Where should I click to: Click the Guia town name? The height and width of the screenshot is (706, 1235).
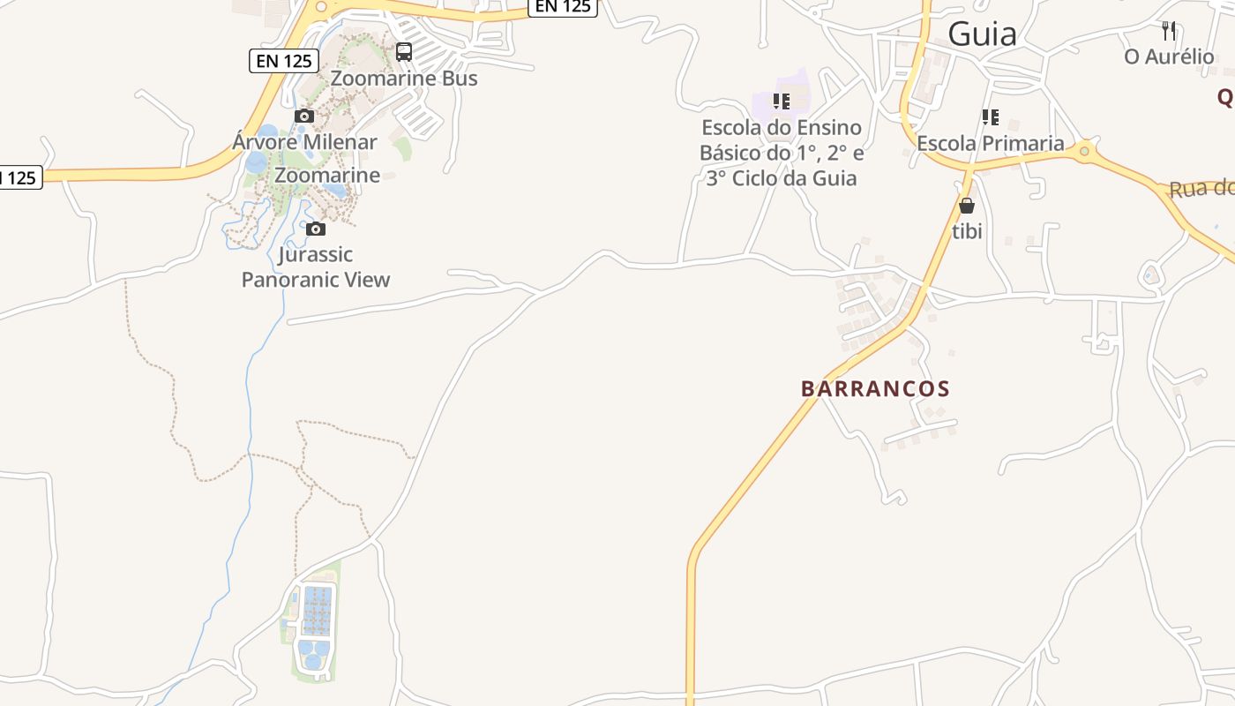click(982, 34)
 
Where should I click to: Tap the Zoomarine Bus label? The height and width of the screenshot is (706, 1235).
click(404, 78)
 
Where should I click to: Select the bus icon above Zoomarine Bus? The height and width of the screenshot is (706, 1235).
click(404, 52)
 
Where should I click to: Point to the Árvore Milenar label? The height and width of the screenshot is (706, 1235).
click(305, 141)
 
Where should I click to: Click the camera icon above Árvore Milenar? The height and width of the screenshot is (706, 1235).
click(304, 116)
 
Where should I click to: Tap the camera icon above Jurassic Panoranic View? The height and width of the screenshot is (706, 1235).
click(316, 229)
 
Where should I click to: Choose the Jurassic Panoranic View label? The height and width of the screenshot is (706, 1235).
click(316, 267)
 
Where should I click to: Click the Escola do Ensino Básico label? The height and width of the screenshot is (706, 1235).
click(782, 153)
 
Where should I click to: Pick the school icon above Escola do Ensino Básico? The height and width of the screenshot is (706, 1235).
click(782, 101)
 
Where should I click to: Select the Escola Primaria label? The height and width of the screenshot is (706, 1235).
click(991, 143)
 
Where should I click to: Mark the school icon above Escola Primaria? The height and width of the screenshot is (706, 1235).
click(991, 116)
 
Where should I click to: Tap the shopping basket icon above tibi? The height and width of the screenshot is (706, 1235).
click(967, 206)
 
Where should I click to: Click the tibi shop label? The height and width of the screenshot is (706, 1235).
click(967, 231)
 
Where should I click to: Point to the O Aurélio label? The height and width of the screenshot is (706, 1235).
click(1169, 56)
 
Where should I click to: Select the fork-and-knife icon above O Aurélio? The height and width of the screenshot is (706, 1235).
click(1169, 31)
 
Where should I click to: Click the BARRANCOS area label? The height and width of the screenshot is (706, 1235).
click(875, 388)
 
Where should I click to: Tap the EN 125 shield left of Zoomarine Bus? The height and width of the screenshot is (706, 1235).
click(283, 60)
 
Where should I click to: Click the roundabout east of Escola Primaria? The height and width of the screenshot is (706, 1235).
click(1084, 152)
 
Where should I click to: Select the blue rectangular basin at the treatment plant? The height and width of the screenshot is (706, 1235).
click(317, 611)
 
